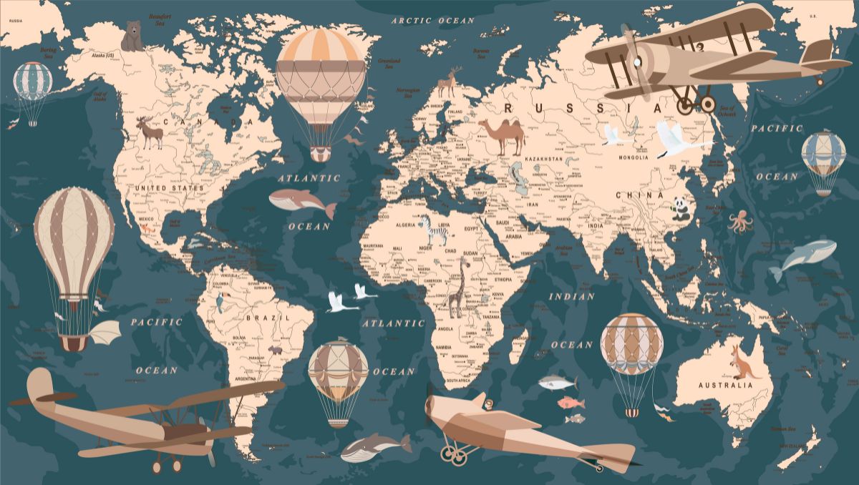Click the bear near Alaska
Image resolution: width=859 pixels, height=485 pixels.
point(132,36)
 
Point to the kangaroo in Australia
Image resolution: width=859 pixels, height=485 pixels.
point(743,361)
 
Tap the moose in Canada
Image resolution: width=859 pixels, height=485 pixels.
point(150,132)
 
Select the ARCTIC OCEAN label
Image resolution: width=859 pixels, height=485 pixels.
point(433,21)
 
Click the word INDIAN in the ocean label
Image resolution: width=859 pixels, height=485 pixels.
point(571,296)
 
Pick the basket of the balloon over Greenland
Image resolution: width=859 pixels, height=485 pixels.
point(320,153)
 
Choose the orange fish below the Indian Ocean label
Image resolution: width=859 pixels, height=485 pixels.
point(571,403)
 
